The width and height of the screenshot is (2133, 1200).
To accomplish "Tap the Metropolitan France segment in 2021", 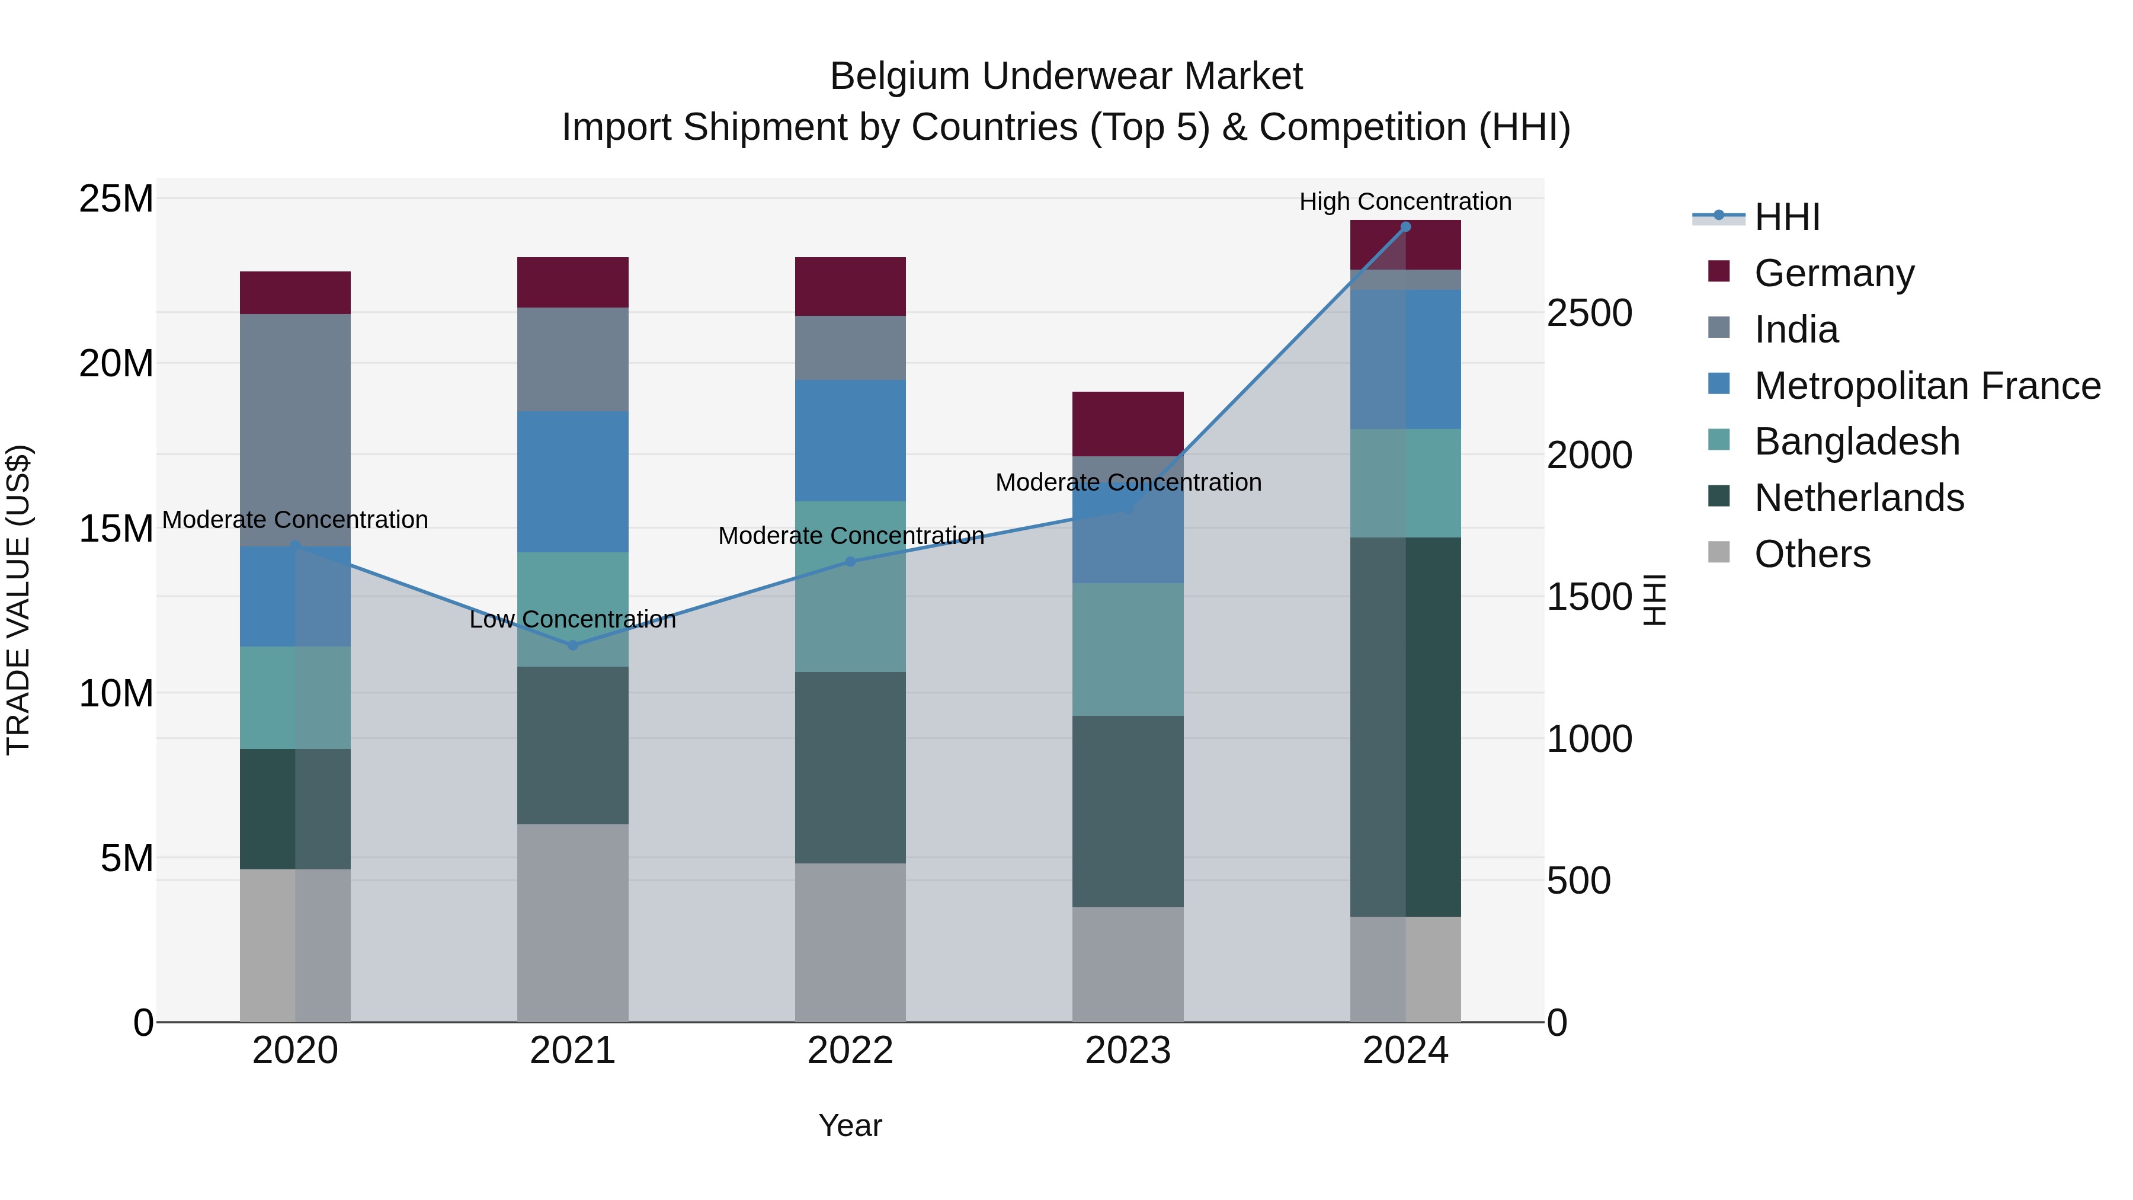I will pos(572,481).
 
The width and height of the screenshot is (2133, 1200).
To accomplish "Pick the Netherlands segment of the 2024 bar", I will pos(1405,727).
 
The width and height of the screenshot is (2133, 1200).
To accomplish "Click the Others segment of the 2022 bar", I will pos(850,942).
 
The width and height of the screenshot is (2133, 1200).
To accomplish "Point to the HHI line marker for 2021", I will pos(572,645).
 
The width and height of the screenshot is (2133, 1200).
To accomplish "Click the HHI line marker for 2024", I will pos(1405,227).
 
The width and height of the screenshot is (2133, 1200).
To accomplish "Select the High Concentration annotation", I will pos(1405,201).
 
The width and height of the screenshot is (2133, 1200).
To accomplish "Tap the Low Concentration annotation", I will pos(572,619).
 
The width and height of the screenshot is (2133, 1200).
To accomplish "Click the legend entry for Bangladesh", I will pos(1856,441).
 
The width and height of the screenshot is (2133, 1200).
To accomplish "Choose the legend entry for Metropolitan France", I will pos(1927,386).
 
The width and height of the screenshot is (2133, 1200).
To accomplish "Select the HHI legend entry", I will pos(1787,217).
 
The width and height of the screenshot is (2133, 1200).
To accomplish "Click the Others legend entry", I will pos(1812,554).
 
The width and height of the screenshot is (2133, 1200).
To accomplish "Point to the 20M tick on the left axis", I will pos(116,364).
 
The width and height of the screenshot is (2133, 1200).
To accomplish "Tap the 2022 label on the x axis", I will pos(850,1051).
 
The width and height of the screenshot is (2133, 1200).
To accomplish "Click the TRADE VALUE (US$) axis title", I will pos(18,600).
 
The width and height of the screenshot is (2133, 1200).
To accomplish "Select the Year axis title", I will pos(850,1125).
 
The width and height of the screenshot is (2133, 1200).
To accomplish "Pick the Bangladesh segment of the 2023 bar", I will pos(1128,649).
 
